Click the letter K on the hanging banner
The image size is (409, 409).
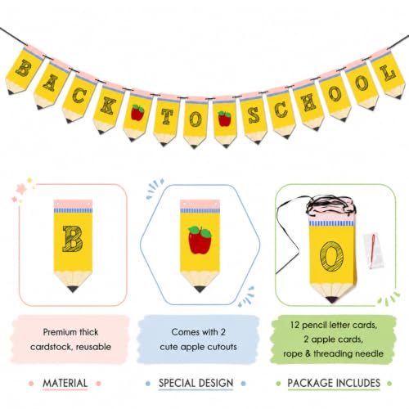click(x=108, y=106)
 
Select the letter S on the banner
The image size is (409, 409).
click(x=254, y=115)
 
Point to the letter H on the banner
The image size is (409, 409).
click(x=308, y=102)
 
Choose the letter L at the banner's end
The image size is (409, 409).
click(x=388, y=74)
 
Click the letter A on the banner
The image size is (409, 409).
click(x=51, y=83)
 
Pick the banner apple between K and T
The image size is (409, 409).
click(x=137, y=112)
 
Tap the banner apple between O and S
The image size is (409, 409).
click(x=224, y=119)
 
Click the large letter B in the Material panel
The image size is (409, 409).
click(x=73, y=239)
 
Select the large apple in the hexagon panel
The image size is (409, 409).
click(x=200, y=240)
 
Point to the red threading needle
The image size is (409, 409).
click(x=372, y=251)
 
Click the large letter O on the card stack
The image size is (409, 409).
click(x=331, y=256)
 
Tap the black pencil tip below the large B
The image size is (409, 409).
click(x=73, y=289)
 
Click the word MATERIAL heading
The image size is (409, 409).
click(x=65, y=383)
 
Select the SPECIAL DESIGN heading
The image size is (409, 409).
click(x=196, y=383)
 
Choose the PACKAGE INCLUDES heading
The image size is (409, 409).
click(x=334, y=383)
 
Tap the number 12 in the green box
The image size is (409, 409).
click(x=294, y=325)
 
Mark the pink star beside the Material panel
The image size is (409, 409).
click(x=20, y=189)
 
